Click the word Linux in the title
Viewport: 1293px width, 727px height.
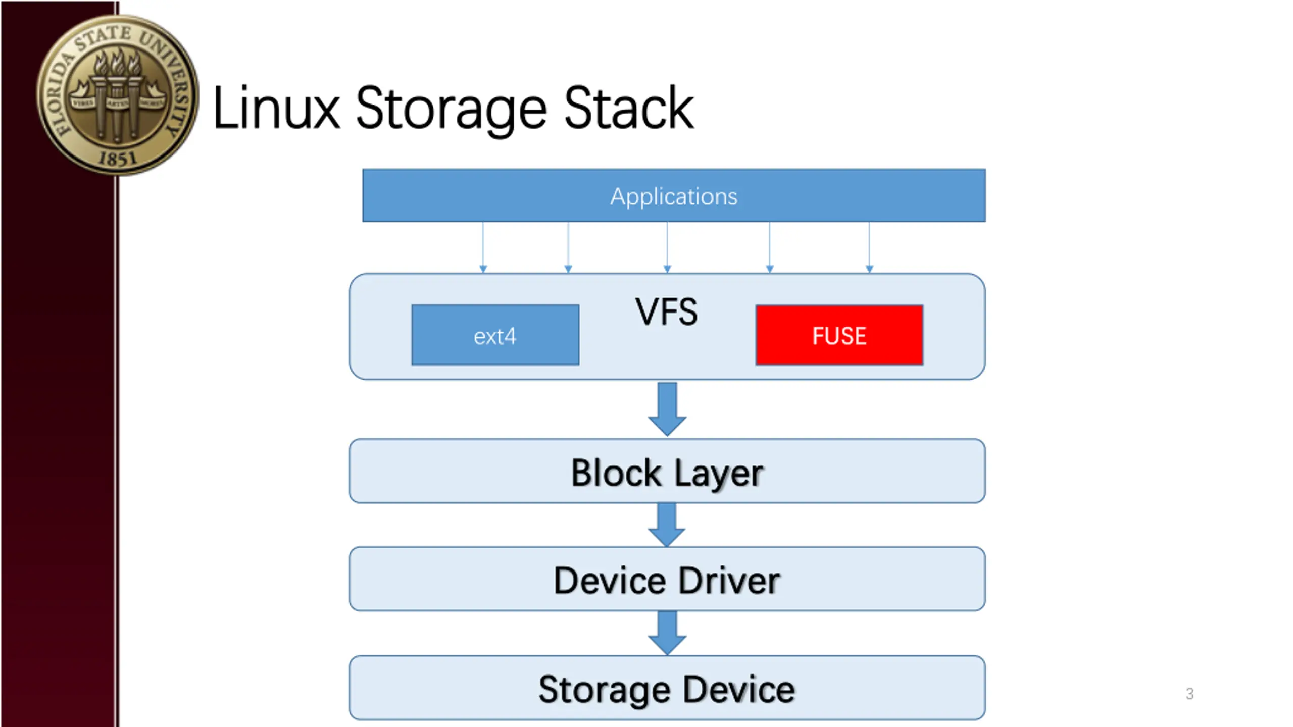click(276, 108)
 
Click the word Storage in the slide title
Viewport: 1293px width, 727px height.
click(451, 108)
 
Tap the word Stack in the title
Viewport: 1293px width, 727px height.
click(628, 108)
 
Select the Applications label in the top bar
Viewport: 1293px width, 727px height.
click(674, 196)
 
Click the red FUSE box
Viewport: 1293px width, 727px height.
click(839, 335)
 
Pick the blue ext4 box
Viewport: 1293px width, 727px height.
click(495, 335)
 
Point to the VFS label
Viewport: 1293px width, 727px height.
click(667, 312)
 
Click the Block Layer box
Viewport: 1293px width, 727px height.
click(667, 472)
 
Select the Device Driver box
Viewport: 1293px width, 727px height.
click(667, 580)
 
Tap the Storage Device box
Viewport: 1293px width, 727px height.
click(667, 689)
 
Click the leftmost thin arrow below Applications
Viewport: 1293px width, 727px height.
click(483, 247)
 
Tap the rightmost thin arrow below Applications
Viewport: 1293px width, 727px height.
click(869, 247)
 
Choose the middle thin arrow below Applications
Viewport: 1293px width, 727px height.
click(667, 247)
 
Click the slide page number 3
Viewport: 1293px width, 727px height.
click(1189, 694)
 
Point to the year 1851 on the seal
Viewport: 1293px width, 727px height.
click(117, 159)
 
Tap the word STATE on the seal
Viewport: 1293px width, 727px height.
click(104, 38)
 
